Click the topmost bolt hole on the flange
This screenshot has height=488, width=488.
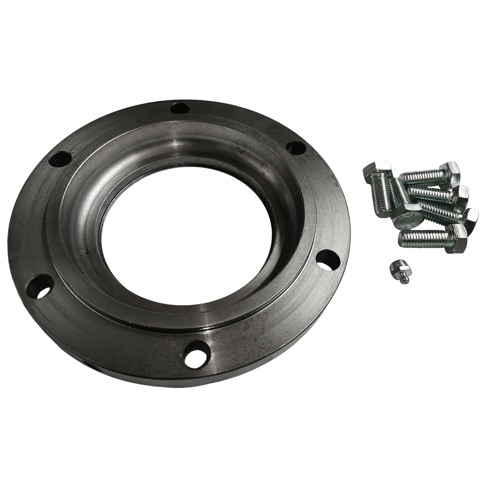[180, 108]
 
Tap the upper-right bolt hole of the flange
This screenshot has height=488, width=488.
[296, 147]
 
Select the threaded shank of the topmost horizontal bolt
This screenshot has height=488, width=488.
[420, 177]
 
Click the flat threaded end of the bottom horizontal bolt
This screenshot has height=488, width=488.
[401, 240]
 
